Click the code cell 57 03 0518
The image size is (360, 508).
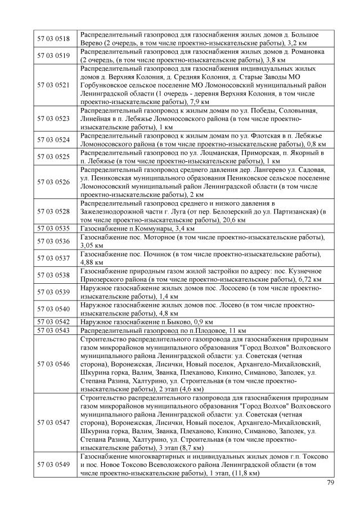[x=53, y=39]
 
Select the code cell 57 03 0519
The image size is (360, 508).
[x=53, y=56]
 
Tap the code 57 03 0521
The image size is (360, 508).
[x=53, y=85]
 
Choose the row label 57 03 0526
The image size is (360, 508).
[x=53, y=182]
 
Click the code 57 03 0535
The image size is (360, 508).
[x=53, y=229]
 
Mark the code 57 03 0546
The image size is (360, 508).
[x=53, y=364]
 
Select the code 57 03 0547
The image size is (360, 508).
[x=53, y=421]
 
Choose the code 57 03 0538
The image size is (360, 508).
[x=53, y=275]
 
